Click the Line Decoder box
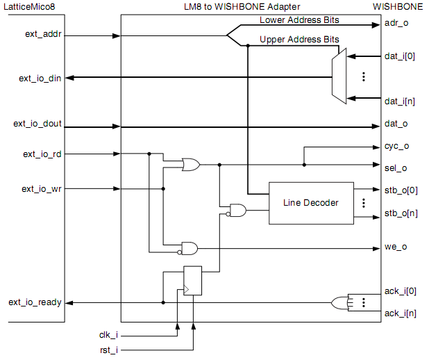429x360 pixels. (x=310, y=203)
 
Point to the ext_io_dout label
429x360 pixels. (x=37, y=124)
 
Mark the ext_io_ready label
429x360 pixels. (x=35, y=302)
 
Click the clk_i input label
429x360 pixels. (x=110, y=334)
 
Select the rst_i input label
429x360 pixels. (x=110, y=350)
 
